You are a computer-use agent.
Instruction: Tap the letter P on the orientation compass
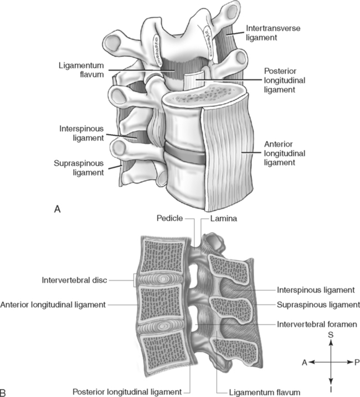click(357, 361)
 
